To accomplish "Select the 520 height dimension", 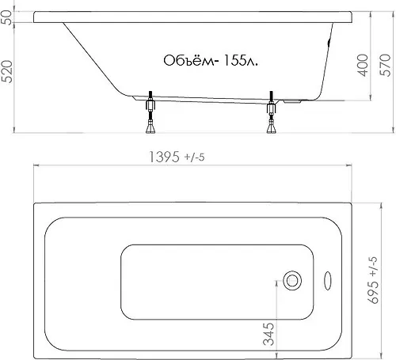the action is (x=6, y=72).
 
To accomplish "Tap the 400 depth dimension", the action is (x=363, y=66).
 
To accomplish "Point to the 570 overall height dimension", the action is (x=385, y=65).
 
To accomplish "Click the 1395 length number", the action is (x=165, y=157).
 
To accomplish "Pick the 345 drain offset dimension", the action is (x=268, y=334).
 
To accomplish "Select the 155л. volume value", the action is (x=240, y=61).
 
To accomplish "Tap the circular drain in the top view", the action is (x=292, y=281).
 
